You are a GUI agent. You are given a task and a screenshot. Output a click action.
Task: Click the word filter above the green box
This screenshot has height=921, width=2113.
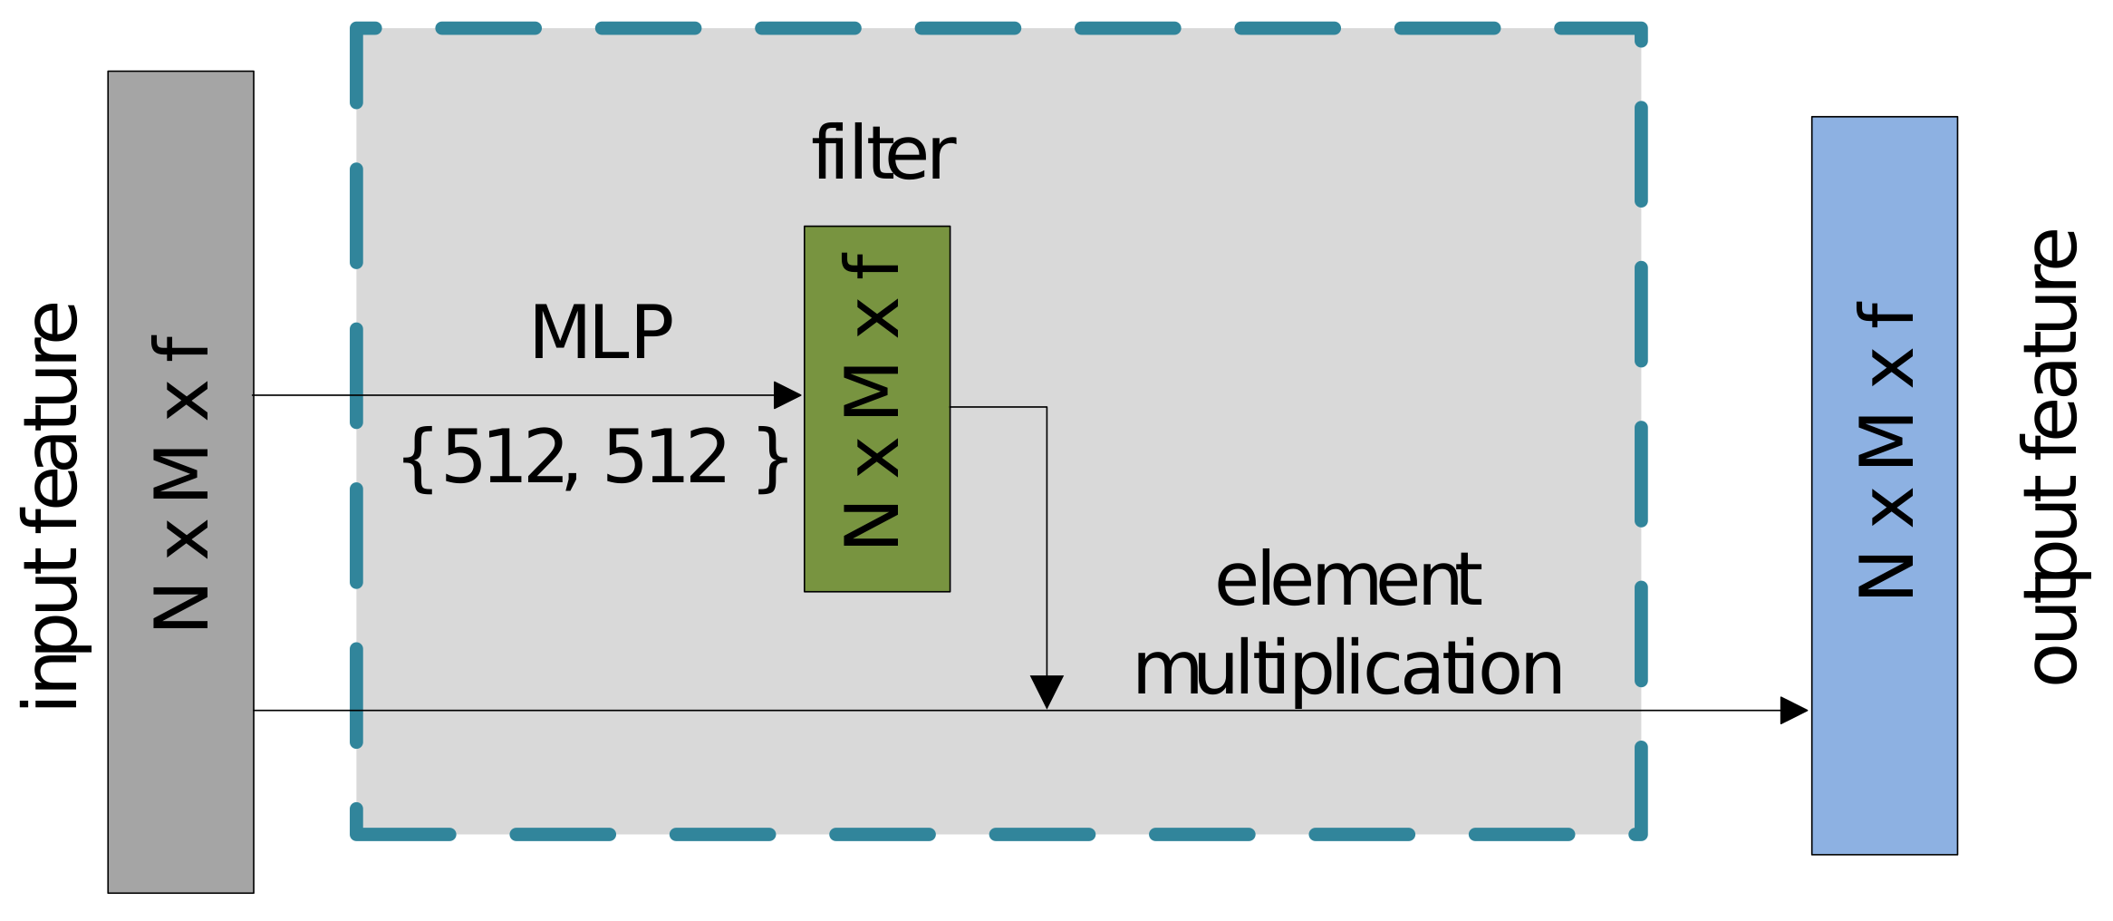pyautogui.click(x=883, y=154)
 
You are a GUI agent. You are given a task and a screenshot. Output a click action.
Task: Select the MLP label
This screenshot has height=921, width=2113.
pyautogui.click(x=601, y=333)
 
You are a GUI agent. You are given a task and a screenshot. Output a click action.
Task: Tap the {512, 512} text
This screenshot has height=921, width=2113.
pyautogui.click(x=593, y=458)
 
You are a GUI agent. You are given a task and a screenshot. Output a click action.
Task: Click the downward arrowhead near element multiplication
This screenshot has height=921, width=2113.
pyautogui.click(x=1047, y=689)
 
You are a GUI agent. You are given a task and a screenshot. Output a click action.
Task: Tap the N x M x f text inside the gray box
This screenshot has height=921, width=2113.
pyautogui.click(x=181, y=482)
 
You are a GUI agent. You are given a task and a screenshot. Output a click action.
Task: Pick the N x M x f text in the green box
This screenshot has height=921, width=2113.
pyautogui.click(x=871, y=400)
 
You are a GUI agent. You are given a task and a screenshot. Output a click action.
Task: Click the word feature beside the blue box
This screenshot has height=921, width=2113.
pyautogui.click(x=2051, y=344)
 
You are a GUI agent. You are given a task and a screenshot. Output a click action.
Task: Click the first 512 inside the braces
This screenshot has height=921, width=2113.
pyautogui.click(x=504, y=458)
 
